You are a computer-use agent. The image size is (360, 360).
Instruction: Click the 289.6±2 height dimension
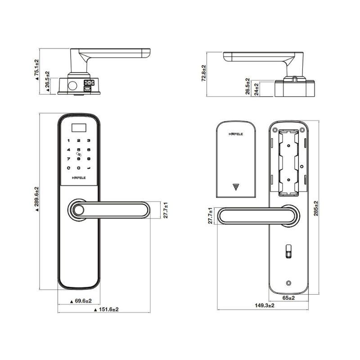click(37, 199)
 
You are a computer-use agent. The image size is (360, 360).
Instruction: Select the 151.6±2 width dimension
click(107, 310)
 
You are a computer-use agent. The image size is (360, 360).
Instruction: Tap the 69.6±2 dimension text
click(81, 301)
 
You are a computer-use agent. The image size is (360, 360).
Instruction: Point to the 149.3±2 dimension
click(265, 306)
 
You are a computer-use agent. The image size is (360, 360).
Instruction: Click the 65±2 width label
click(288, 298)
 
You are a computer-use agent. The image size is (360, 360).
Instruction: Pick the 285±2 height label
click(316, 208)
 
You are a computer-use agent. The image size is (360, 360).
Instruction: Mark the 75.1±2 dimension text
click(37, 70)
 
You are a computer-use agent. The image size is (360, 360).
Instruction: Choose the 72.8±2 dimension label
click(204, 73)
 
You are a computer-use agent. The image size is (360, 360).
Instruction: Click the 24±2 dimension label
click(256, 89)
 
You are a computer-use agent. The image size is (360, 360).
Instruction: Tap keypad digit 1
click(68, 140)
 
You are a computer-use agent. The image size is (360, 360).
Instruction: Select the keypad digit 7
click(68, 159)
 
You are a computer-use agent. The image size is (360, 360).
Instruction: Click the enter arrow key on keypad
click(89, 168)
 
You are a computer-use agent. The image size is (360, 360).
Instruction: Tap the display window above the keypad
click(79, 128)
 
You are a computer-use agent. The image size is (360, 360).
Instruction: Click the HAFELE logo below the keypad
click(79, 178)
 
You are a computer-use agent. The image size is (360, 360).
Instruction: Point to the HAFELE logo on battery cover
click(236, 134)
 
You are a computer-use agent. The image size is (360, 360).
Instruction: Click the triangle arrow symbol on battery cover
click(235, 187)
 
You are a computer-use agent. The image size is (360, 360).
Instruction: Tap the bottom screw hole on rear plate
click(289, 283)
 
